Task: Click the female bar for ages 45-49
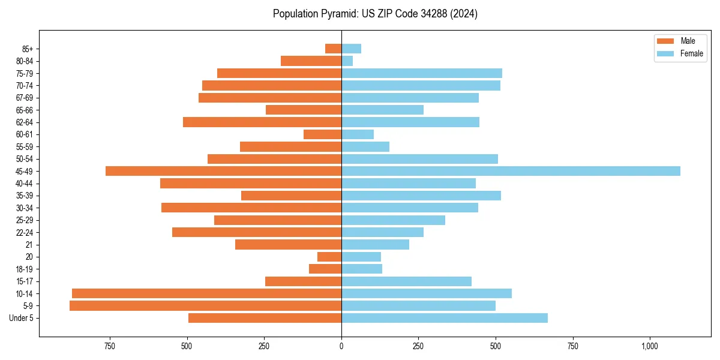click(511, 171)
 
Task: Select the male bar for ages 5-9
click(205, 305)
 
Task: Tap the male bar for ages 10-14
click(206, 293)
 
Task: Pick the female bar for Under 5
click(444, 318)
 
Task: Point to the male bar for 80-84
click(311, 61)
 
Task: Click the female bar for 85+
click(351, 49)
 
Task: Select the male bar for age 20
click(329, 257)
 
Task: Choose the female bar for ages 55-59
click(365, 146)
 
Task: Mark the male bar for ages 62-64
click(262, 122)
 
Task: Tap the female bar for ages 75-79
click(422, 73)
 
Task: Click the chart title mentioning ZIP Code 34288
click(375, 14)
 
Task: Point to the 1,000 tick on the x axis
click(650, 346)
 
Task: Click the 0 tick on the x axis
click(341, 346)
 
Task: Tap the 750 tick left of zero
click(110, 346)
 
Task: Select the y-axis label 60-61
click(25, 134)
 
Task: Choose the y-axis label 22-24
click(25, 232)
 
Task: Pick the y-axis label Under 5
click(22, 318)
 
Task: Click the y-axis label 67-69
click(25, 98)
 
